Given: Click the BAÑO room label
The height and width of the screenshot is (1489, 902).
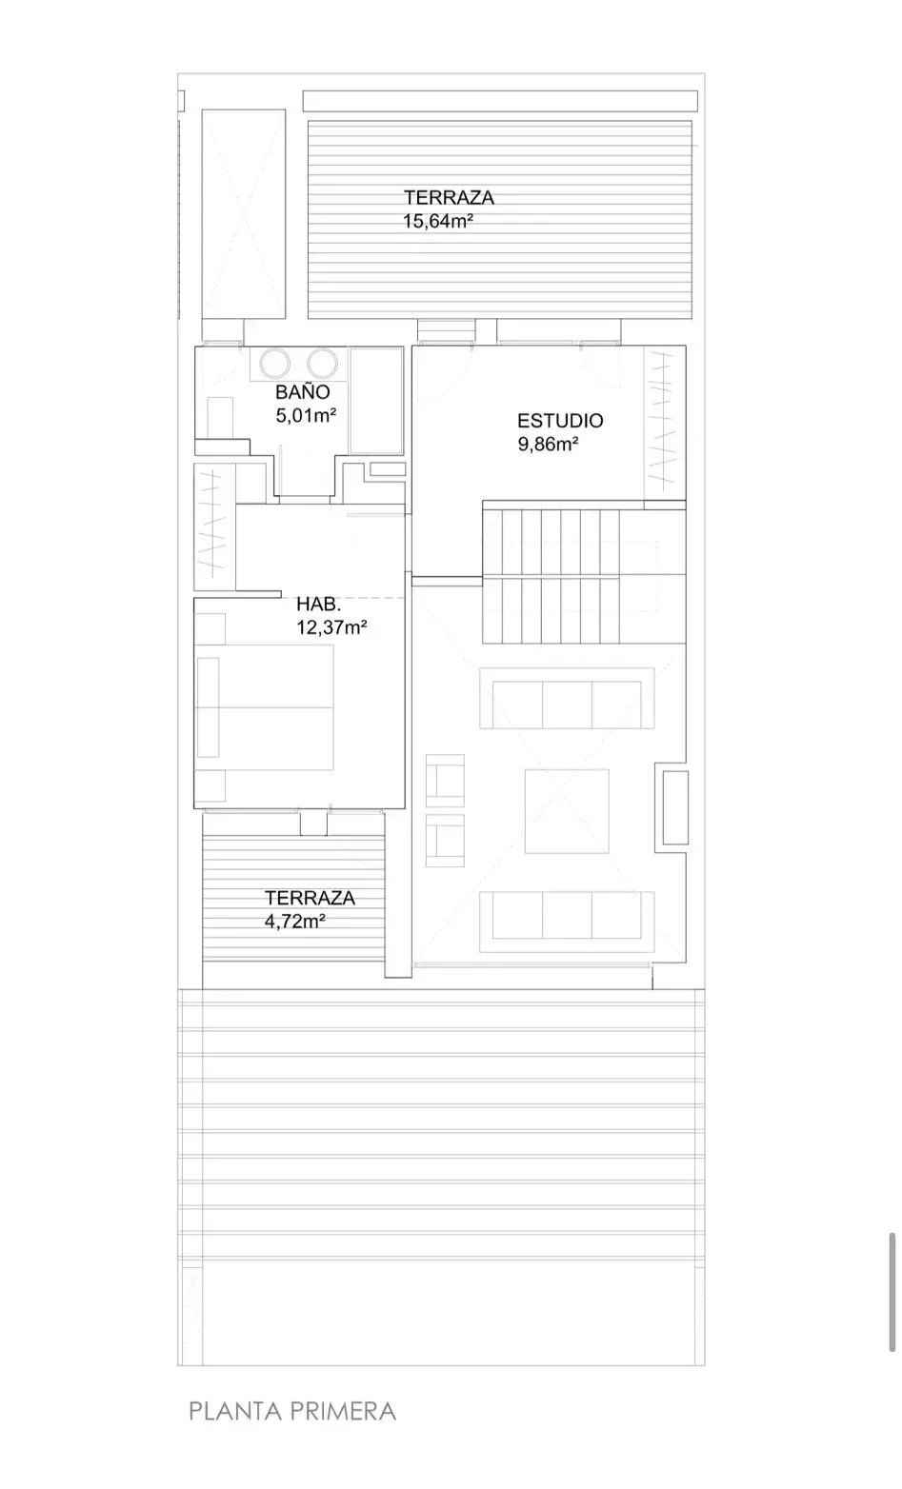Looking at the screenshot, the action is pos(303,391).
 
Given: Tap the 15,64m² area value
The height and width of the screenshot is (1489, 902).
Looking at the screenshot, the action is pos(438,221).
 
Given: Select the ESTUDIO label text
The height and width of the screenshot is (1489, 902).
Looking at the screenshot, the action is pos(560,420).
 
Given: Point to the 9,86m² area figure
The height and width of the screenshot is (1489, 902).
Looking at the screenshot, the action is pos(548,444).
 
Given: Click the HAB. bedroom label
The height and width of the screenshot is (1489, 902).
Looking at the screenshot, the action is pos(319,605).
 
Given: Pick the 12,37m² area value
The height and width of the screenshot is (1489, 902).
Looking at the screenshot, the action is pos(331,626).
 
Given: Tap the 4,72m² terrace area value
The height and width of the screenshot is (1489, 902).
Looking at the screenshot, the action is pos(294,922).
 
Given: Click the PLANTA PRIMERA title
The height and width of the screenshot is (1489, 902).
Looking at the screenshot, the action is pos(292,1411).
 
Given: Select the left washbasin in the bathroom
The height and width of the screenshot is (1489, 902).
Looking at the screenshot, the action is pos(274,363).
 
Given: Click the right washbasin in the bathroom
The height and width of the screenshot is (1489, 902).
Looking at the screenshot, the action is pos(322,363).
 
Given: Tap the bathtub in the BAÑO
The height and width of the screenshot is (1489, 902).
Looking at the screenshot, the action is pos(376,400).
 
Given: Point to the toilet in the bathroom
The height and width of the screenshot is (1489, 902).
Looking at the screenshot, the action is pos(219,417).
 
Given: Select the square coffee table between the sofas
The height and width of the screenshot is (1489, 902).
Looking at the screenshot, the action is pos(567,811).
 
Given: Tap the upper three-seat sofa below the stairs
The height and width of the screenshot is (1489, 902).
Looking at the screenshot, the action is pos(567,698).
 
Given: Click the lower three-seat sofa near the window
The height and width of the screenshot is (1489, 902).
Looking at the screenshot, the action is pos(567,922).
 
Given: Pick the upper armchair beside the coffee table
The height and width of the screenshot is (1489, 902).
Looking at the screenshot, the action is pos(445,781).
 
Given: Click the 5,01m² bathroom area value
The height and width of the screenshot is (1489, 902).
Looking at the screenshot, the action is pos(306,415).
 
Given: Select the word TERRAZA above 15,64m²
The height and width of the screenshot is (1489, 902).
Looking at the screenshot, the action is pos(449,197).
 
